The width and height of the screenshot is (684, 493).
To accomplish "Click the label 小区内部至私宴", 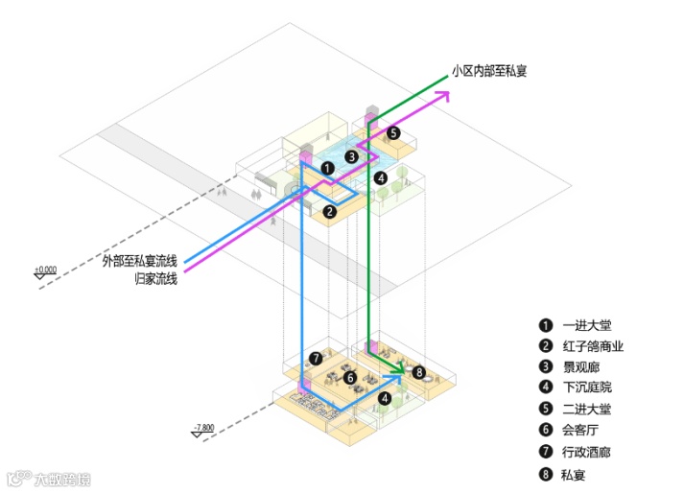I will (x=488, y=71).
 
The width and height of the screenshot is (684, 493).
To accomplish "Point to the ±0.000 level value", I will (x=45, y=270).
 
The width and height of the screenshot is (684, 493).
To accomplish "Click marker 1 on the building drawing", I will (x=328, y=168).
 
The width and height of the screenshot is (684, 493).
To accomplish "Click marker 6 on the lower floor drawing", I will (x=350, y=378).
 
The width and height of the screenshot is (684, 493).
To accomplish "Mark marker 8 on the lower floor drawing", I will (x=418, y=371).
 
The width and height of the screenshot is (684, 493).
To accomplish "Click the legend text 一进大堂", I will (x=586, y=324).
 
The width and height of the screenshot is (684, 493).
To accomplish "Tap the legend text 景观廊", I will (x=580, y=366).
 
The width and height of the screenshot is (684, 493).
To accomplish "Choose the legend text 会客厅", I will (x=580, y=430).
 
